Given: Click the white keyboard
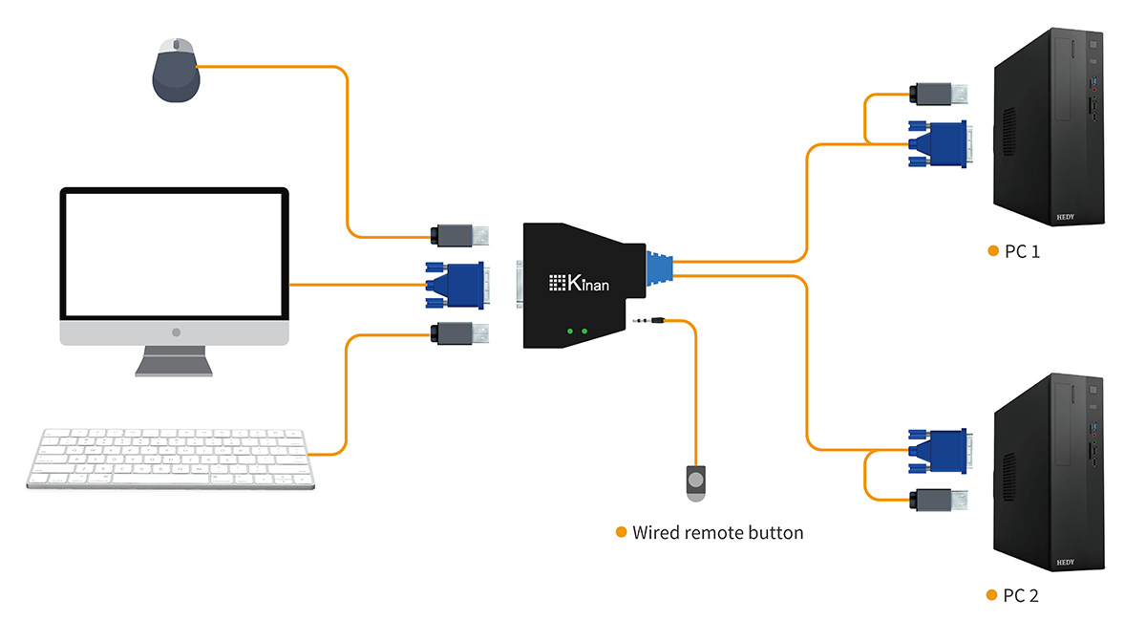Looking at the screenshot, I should (x=170, y=458).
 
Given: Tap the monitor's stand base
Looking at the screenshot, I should (x=175, y=366).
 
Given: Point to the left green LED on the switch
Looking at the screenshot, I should (x=569, y=331).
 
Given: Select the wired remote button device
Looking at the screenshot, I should (x=696, y=481).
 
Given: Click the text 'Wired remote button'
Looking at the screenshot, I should (x=717, y=532).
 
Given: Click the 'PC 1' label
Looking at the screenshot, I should (x=1022, y=252).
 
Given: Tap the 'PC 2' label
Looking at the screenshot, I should (x=1020, y=596).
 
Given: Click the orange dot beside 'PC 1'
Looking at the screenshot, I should (x=992, y=251).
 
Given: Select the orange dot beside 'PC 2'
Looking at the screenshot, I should (x=992, y=595).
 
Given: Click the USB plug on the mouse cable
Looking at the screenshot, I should (x=460, y=234).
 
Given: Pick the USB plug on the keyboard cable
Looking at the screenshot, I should (x=460, y=334).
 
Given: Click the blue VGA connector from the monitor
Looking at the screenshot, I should (x=455, y=285).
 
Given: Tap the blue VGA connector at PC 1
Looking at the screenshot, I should (x=938, y=143).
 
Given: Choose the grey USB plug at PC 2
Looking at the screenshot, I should (x=940, y=499).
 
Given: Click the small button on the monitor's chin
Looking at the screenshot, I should (x=175, y=332).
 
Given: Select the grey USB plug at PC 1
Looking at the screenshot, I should (x=940, y=94).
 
